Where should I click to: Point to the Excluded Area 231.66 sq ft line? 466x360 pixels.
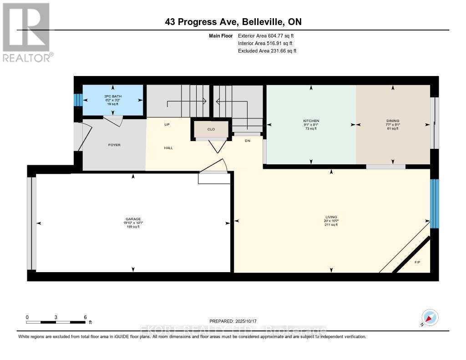tap(267, 51)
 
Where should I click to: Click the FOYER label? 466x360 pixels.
tap(114, 145)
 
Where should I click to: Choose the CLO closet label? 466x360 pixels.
tap(211, 129)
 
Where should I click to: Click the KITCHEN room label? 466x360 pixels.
tap(311, 121)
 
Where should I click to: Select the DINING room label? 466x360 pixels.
tap(393, 121)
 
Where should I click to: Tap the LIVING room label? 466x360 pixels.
tap(331, 217)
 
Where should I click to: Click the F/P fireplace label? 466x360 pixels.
tap(417, 263)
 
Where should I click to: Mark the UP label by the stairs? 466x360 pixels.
tap(167, 124)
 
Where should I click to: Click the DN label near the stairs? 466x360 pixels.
tap(248, 141)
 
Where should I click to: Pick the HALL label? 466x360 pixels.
tap(168, 148)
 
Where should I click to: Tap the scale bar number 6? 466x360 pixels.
tap(85, 317)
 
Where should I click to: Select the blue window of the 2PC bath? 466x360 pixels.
tap(78, 100)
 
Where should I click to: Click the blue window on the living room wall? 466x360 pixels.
tap(435, 203)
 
